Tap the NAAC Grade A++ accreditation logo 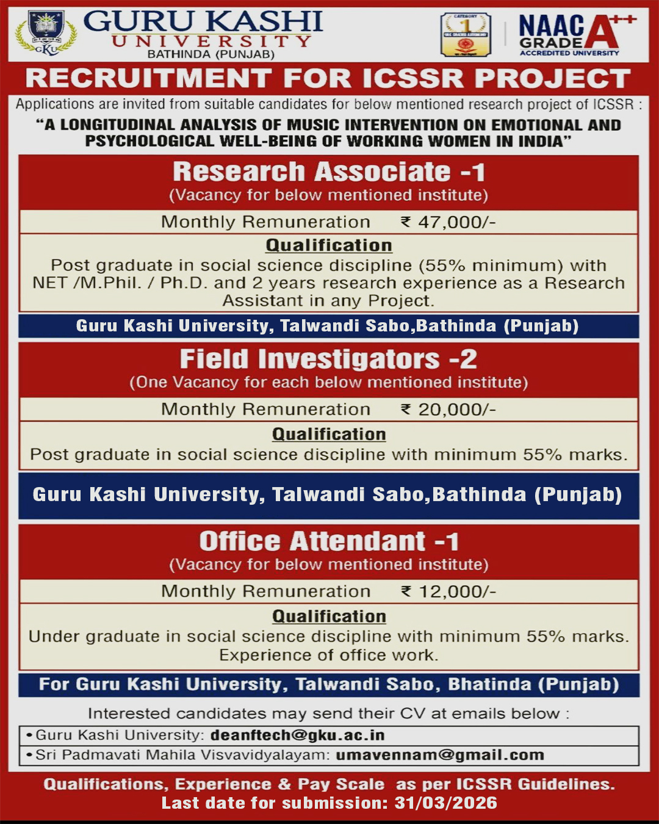pyautogui.click(x=577, y=35)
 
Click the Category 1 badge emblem pyautogui.click(x=466, y=35)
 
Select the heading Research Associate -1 pyautogui.click(x=329, y=172)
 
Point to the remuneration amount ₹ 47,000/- pyautogui.click(x=448, y=222)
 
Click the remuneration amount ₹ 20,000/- pyautogui.click(x=448, y=410)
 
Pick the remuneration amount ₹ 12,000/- pyautogui.click(x=448, y=591)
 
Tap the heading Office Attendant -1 pyautogui.click(x=329, y=541)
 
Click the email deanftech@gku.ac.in pyautogui.click(x=297, y=735)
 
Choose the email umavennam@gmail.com pyautogui.click(x=439, y=755)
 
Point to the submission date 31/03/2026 pyautogui.click(x=445, y=803)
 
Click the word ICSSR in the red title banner pyautogui.click(x=412, y=79)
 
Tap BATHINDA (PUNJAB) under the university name pyautogui.click(x=211, y=54)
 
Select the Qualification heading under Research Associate pyautogui.click(x=329, y=245)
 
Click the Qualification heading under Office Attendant pyautogui.click(x=329, y=616)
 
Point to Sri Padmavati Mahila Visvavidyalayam pyautogui.click(x=182, y=755)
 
